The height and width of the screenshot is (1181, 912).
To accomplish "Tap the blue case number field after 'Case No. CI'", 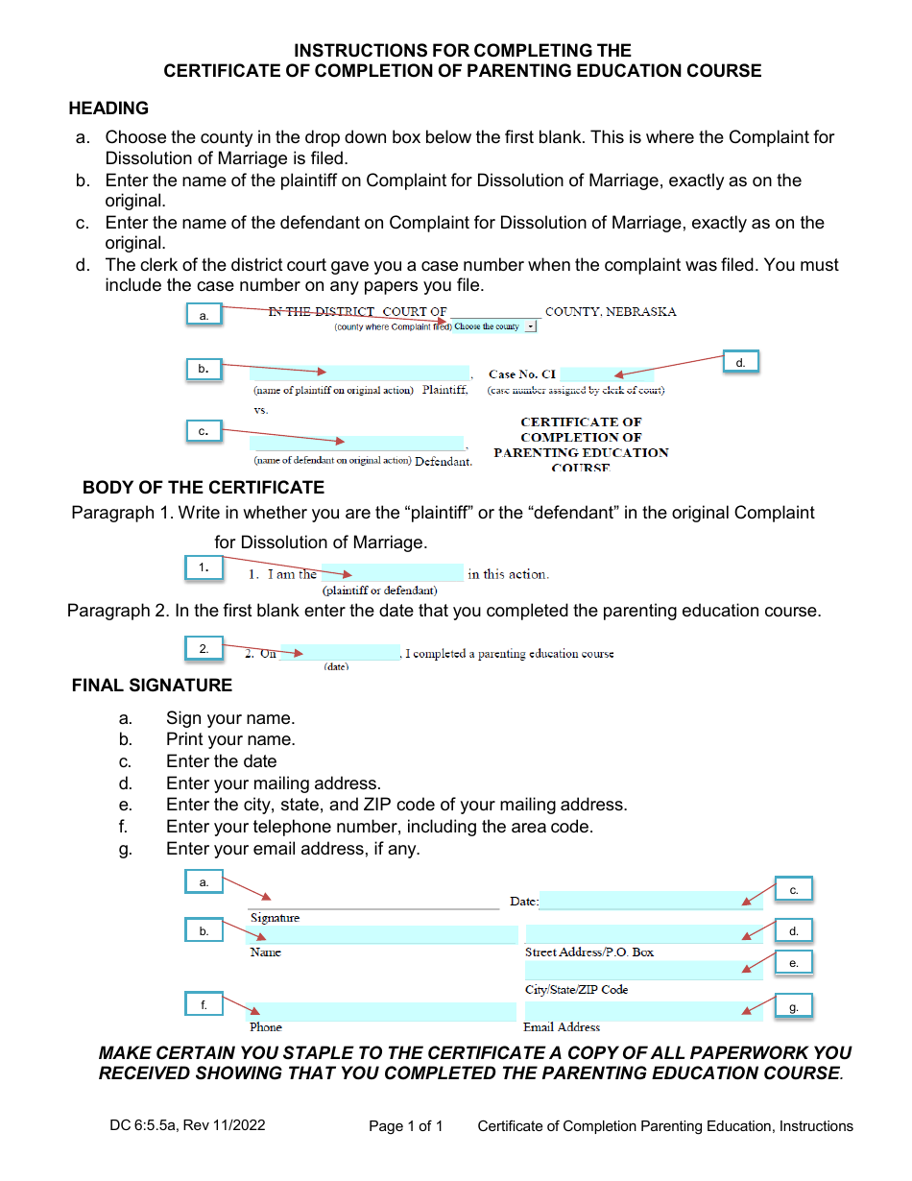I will point(606,374).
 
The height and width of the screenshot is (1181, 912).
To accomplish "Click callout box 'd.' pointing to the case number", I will point(740,362).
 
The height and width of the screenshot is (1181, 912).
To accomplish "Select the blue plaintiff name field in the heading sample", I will point(359,373).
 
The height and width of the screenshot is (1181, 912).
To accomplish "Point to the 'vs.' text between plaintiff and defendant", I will point(261,410).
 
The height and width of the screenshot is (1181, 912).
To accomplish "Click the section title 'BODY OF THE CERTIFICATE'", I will point(204,488).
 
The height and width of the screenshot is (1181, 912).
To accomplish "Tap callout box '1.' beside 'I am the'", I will point(204,567).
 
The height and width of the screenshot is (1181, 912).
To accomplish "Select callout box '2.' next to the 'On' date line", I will point(204,649).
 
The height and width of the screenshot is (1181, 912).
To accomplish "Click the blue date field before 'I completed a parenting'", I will point(339,653).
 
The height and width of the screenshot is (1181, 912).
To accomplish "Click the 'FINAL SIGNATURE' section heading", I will point(152,686).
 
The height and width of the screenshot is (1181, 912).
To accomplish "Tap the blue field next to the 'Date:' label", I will point(651,901).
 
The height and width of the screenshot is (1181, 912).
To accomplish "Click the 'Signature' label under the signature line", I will point(275,918).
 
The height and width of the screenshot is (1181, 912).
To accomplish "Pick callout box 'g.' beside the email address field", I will point(793,1006).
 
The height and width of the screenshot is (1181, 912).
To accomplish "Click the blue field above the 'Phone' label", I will point(381,1011).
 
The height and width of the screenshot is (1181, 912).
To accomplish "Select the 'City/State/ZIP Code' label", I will point(576,989).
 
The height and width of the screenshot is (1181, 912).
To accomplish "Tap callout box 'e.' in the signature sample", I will point(793,963).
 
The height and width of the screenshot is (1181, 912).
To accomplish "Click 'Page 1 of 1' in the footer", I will point(406,1126).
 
